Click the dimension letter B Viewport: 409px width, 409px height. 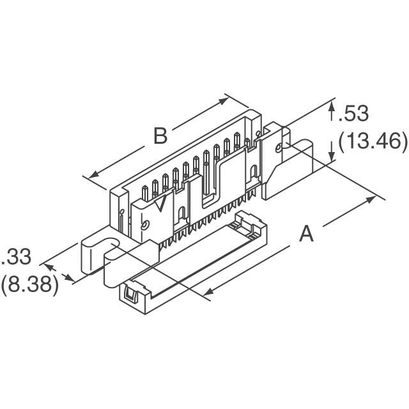(160, 135)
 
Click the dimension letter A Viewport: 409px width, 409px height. (307, 235)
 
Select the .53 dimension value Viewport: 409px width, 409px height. (353, 114)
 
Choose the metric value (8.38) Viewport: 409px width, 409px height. (29, 284)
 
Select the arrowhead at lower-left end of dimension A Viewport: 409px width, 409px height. (208, 293)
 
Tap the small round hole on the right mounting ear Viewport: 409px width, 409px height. (279, 150)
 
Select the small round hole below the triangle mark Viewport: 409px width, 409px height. (146, 226)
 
